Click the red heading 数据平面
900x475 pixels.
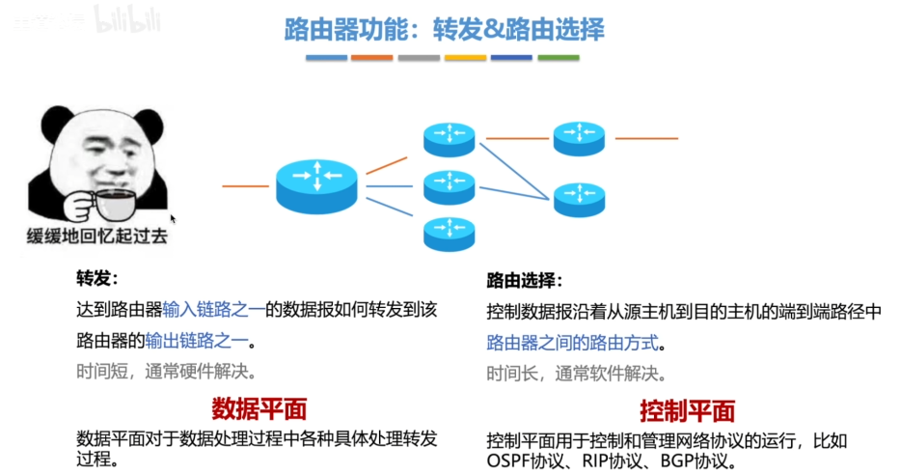pyautogui.click(x=259, y=406)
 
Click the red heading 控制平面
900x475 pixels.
pyautogui.click(x=687, y=409)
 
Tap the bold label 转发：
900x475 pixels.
pyautogui.click(x=96, y=279)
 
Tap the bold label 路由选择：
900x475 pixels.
pyautogui.click(x=524, y=281)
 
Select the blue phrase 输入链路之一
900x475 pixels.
pyautogui.click(x=213, y=310)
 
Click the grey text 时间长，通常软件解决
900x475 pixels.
pyautogui.click(x=576, y=374)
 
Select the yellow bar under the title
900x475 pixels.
pyautogui.click(x=465, y=58)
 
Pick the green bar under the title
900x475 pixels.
pyautogui.click(x=558, y=58)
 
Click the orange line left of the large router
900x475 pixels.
pyautogui.click(x=245, y=184)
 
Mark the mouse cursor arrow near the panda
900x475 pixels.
pyautogui.click(x=173, y=219)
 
